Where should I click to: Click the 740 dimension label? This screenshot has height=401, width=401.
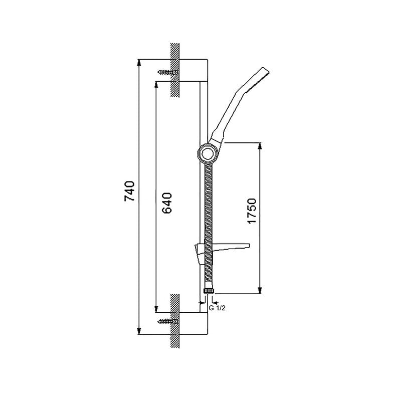pyautogui.click(x=129, y=191)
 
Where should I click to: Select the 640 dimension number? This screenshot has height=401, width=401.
pyautogui.click(x=167, y=203)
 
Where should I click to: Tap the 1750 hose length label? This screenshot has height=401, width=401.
pyautogui.click(x=252, y=211)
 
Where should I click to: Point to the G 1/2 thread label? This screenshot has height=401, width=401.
pyautogui.click(x=217, y=308)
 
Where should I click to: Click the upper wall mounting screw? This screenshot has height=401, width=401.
pyautogui.click(x=167, y=72)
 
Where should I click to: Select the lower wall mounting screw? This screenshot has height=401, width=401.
pyautogui.click(x=167, y=321)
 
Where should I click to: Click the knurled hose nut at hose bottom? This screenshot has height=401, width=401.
pyautogui.click(x=209, y=291)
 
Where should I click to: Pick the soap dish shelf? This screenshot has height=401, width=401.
pyautogui.click(x=222, y=251)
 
